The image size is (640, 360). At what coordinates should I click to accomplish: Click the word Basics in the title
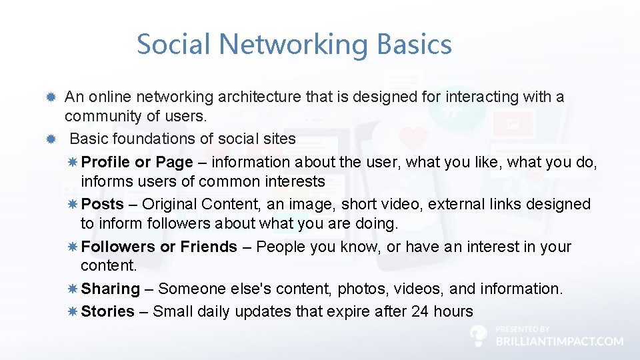(x=414, y=45)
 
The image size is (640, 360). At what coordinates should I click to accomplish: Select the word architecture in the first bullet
(x=260, y=97)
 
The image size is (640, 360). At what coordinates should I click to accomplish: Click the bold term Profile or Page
(x=137, y=162)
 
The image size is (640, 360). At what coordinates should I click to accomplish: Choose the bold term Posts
(x=102, y=204)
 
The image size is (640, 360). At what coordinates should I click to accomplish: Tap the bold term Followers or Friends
(x=159, y=247)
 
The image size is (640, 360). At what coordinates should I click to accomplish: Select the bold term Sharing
(x=110, y=289)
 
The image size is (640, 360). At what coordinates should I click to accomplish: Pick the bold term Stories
(x=107, y=311)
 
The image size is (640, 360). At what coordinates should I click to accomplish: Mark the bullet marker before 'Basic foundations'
(x=50, y=139)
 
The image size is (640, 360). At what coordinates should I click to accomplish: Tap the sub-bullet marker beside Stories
(x=73, y=311)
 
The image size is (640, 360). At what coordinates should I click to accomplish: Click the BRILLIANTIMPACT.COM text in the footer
(x=559, y=341)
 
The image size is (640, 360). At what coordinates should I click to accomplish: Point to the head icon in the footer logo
(x=478, y=335)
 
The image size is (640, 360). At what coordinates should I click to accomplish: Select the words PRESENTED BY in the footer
(x=523, y=329)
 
